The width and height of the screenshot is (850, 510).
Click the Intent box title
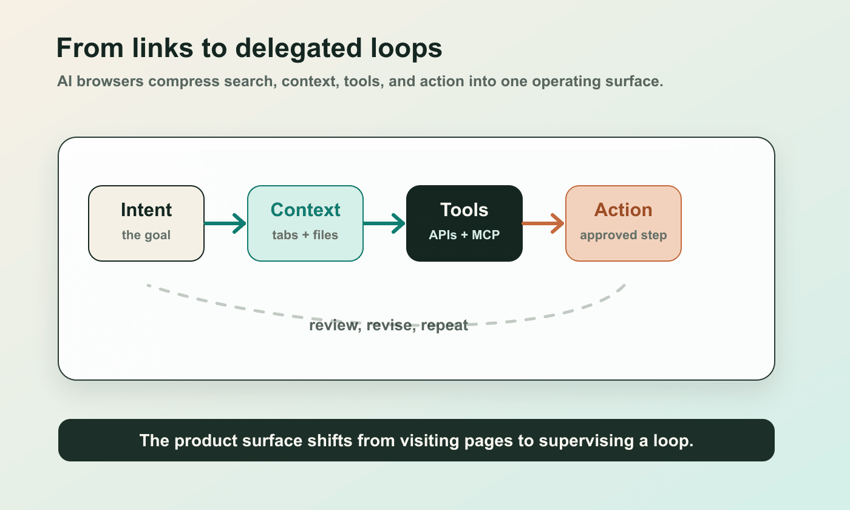click(x=146, y=210)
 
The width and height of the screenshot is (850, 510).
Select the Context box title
click(x=305, y=210)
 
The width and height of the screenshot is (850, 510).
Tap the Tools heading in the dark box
click(x=464, y=210)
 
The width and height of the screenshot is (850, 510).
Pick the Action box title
click(x=623, y=210)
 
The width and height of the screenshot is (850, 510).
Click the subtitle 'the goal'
click(x=146, y=236)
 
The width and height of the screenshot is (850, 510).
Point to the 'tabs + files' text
click(x=305, y=236)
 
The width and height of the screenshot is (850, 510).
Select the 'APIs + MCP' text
click(x=464, y=236)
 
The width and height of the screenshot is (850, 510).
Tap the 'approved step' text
click(x=623, y=236)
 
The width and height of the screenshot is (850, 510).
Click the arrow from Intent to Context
click(x=225, y=223)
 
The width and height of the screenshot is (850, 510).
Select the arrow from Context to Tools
click(x=384, y=223)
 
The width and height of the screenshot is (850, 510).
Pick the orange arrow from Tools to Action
click(x=543, y=223)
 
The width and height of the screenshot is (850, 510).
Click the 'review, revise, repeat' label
click(x=389, y=325)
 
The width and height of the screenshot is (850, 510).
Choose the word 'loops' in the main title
click(x=407, y=49)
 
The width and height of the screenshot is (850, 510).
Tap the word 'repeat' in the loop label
click(x=444, y=325)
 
